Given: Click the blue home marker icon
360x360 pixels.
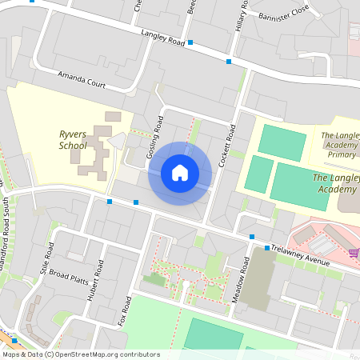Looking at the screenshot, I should tap(180, 173).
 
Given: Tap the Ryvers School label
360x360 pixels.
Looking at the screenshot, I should tap(73, 140).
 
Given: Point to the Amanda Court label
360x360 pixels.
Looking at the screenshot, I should tap(82, 78).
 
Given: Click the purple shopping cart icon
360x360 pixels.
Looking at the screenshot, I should tap(353, 253).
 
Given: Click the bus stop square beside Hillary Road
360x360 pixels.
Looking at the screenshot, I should tap(229, 61).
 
